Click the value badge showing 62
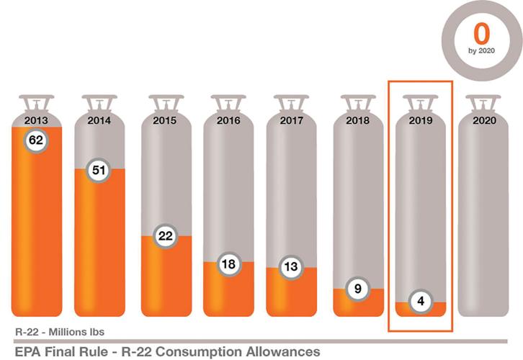36,140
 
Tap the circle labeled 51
99,171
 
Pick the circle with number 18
228,264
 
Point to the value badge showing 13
292,267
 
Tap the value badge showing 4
420,302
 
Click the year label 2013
36,121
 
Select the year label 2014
99,121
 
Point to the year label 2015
165,121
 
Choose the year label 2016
228,121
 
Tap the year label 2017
292,121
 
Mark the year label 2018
357,121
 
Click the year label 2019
420,121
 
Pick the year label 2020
484,121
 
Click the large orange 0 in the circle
481,34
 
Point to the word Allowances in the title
283,351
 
